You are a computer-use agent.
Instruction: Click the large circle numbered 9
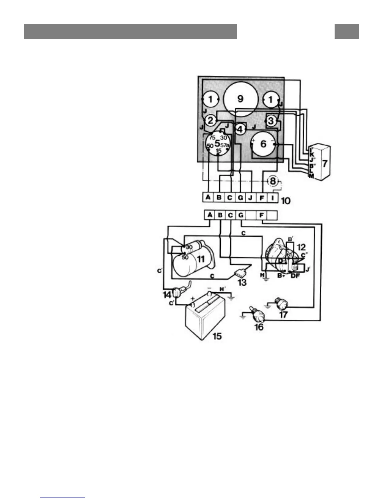pyautogui.click(x=240, y=99)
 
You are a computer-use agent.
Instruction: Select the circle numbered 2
pyautogui.click(x=210, y=120)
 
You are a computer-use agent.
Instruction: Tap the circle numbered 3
pyautogui.click(x=271, y=121)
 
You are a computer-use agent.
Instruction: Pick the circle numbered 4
pyautogui.click(x=240, y=129)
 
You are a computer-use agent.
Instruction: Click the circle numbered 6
pyautogui.click(x=263, y=144)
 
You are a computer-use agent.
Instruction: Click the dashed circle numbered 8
pyautogui.click(x=273, y=181)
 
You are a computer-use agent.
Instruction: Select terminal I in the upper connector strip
pyautogui.click(x=273, y=198)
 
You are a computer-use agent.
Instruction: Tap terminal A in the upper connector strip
pyautogui.click(x=208, y=198)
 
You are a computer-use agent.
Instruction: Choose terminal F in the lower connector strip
pyautogui.click(x=261, y=215)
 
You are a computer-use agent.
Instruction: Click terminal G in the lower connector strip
pyautogui.click(x=241, y=215)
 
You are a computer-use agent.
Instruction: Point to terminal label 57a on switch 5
pyautogui.click(x=225, y=145)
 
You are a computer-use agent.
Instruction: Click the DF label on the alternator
pyautogui.click(x=295, y=276)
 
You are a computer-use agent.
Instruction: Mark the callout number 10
pyautogui.click(x=285, y=200)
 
